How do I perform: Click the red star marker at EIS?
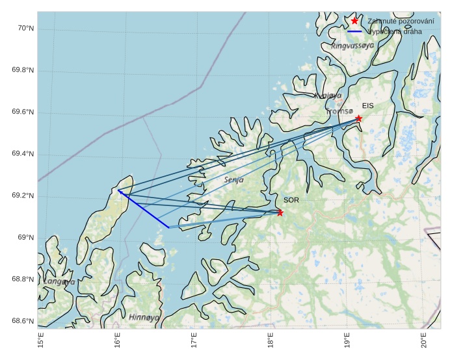(x=358, y=118)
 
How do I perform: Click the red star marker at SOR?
(x=280, y=212)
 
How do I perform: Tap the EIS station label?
(x=368, y=105)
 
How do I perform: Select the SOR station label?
(x=291, y=200)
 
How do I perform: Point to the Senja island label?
(x=234, y=179)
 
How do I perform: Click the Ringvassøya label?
(x=352, y=46)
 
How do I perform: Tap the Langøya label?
(x=59, y=282)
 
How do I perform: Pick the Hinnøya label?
(x=144, y=317)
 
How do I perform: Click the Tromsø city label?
(x=339, y=111)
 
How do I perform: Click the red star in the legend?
(x=354, y=21)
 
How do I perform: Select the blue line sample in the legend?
(x=354, y=31)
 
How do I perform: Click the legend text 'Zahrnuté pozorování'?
(x=401, y=21)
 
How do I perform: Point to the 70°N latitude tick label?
(x=25, y=29)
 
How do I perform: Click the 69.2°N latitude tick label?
(x=23, y=196)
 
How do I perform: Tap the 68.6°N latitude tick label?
(x=23, y=322)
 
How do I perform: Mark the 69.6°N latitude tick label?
(x=23, y=112)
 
